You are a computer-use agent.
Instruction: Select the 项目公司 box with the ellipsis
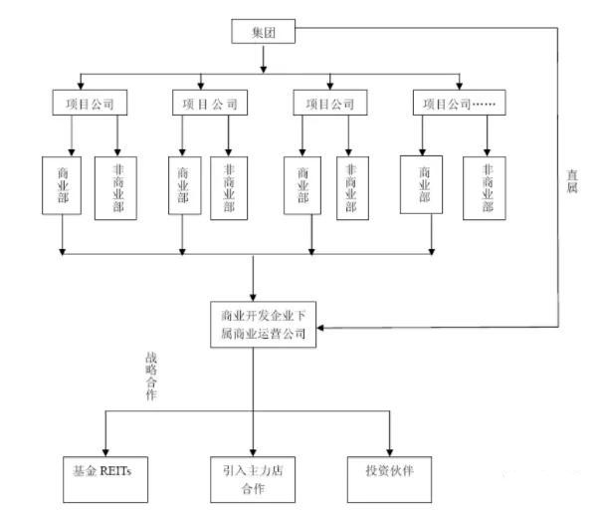459,103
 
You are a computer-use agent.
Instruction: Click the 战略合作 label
151,376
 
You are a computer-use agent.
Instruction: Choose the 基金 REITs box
104,469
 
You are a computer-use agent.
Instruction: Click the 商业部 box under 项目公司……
421,183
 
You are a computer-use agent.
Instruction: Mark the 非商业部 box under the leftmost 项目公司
117,186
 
